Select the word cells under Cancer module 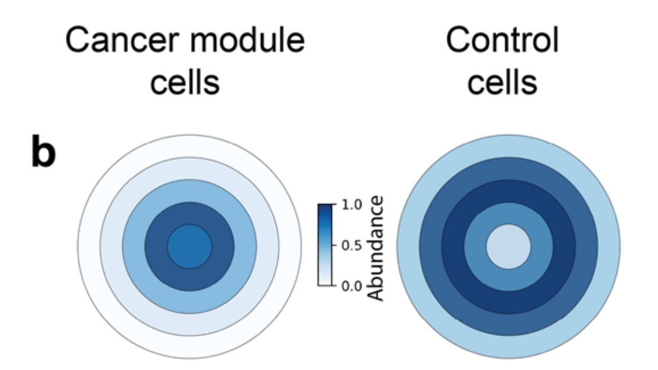point(184,83)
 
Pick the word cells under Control point(502,83)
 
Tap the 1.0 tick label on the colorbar point(351,205)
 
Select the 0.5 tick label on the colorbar point(351,246)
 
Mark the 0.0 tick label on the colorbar point(351,287)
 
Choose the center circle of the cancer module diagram point(189,246)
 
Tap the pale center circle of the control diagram point(508,246)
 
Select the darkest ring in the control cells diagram point(508,192)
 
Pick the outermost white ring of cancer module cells point(189,146)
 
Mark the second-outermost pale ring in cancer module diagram point(189,168)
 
